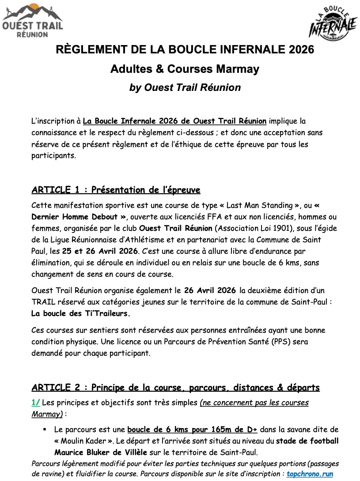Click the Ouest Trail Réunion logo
pos(32,20)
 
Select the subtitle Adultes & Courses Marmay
pos(185,69)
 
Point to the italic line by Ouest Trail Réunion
pos(185,87)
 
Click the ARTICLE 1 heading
pos(116,190)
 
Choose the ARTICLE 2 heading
pos(175,387)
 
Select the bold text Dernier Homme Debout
pos(79,217)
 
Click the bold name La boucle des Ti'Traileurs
pos(81,314)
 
